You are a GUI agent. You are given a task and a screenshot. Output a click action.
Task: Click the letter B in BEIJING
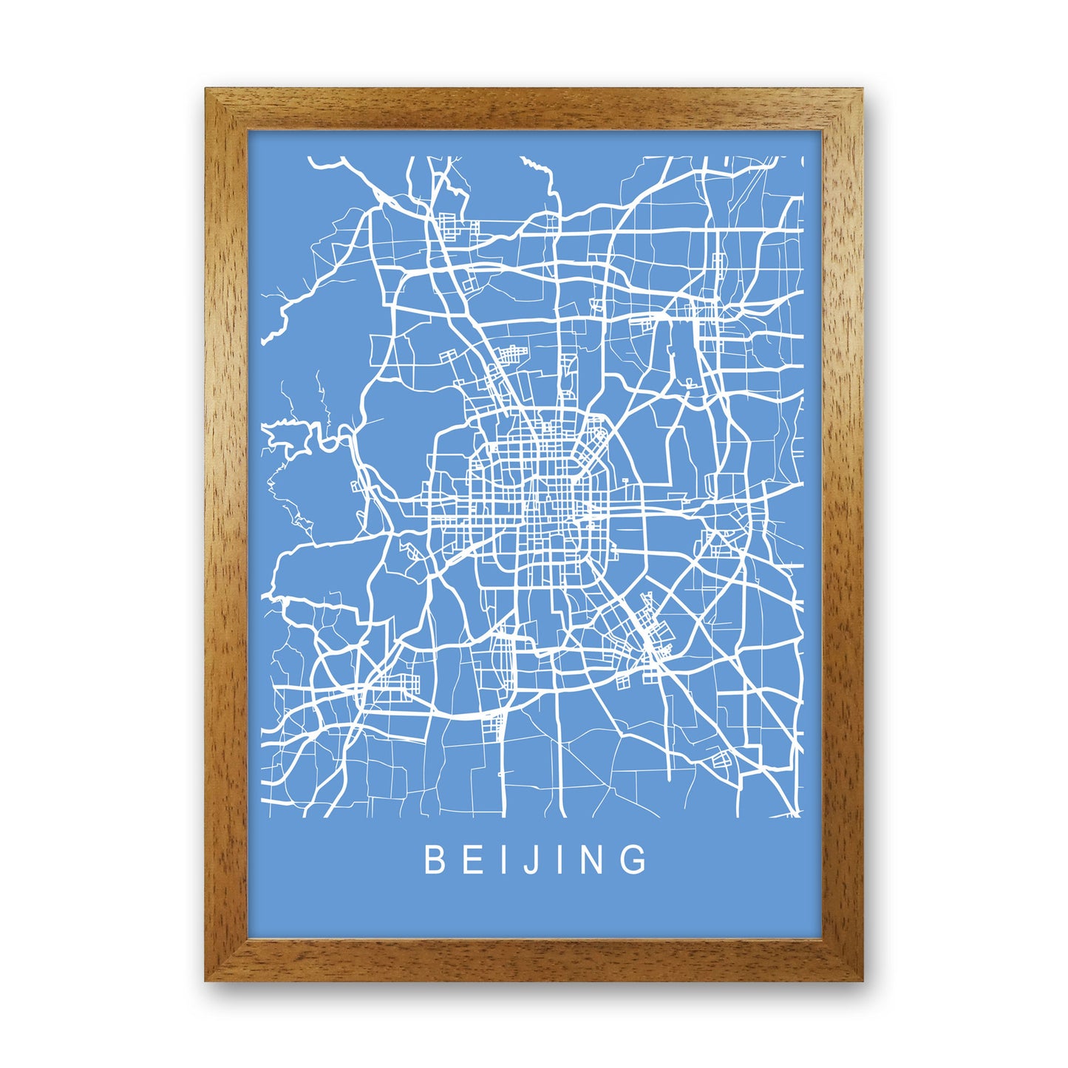433,860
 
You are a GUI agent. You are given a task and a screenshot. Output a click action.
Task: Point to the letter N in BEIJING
595,860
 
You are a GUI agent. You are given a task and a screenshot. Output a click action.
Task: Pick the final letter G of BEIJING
635,860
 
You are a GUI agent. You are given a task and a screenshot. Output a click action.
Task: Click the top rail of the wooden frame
534,109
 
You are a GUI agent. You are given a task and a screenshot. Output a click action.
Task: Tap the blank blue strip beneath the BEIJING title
534,909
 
